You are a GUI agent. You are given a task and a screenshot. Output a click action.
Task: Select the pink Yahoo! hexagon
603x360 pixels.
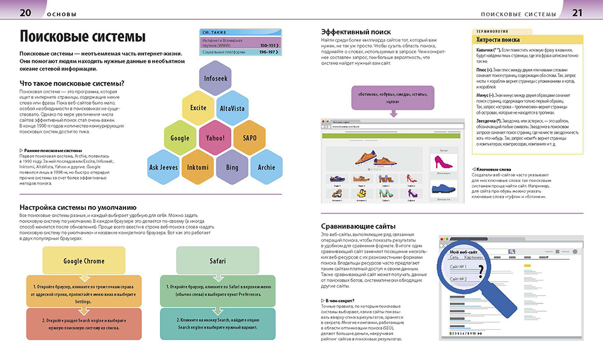215,137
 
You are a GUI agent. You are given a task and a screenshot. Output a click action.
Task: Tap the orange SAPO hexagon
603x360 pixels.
249,137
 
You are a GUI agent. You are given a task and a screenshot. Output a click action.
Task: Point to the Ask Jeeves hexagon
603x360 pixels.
164,167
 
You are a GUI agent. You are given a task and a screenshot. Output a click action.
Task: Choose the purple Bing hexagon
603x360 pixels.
232,167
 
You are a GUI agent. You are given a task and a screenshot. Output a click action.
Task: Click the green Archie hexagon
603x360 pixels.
266,167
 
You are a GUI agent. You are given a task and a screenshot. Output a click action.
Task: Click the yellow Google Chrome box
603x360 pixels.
84,261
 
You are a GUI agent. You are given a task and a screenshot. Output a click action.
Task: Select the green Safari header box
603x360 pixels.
217,261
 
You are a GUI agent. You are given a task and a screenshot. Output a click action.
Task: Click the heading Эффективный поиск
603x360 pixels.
356,32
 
